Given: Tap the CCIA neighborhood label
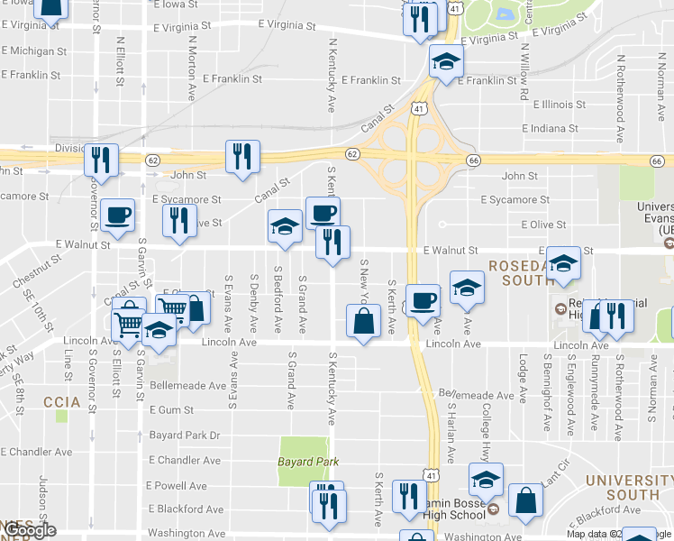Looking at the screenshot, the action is [x=61, y=400].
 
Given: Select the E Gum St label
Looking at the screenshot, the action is [x=172, y=409].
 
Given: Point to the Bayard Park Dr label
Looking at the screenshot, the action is [x=185, y=435].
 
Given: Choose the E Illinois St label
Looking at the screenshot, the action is [x=560, y=105].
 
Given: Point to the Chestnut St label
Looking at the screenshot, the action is [x=37, y=271].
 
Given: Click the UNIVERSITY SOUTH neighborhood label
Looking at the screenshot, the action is [x=622, y=486].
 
